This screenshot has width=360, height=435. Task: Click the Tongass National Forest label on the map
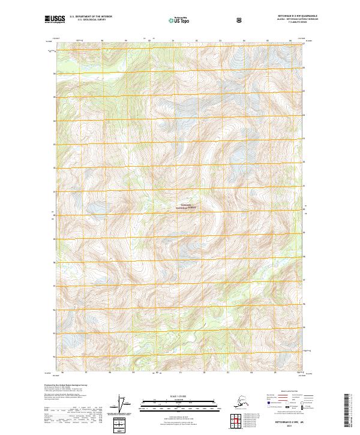pos(185,206)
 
